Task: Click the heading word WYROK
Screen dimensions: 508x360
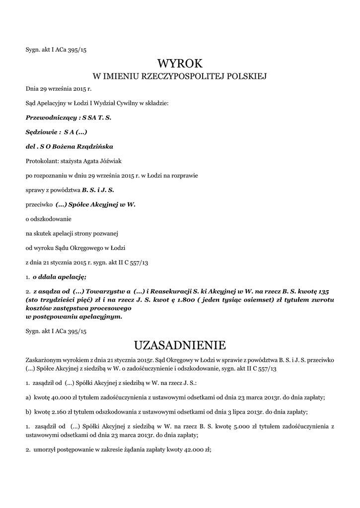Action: [180, 63]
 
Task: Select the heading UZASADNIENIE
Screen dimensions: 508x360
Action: [180, 344]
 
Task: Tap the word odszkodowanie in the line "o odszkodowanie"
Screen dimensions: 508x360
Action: [51, 218]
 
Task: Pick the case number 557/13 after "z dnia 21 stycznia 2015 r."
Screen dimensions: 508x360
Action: [139, 261]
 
